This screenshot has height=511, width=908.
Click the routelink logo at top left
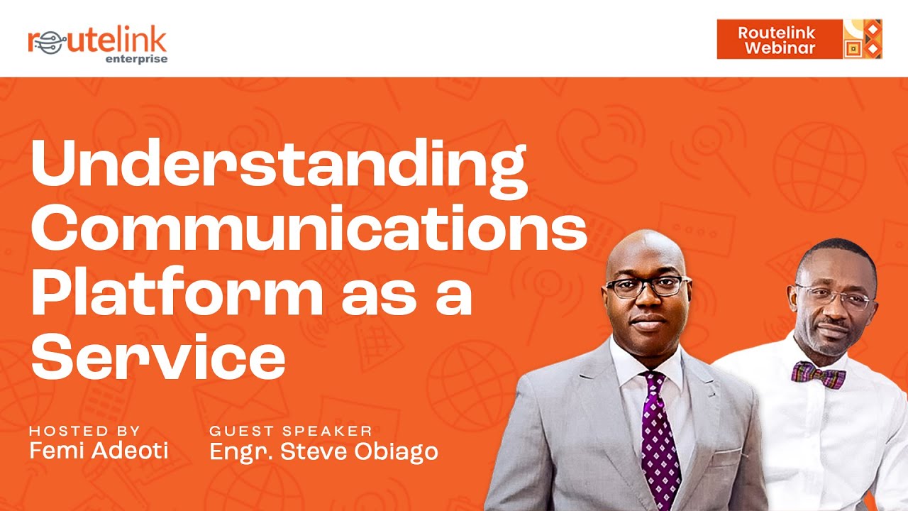click(97, 41)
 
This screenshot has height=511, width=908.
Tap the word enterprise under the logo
click(136, 59)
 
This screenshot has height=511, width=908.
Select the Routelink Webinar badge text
click(776, 40)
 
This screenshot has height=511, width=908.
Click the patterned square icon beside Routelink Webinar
click(862, 39)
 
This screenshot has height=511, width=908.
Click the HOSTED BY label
click(84, 431)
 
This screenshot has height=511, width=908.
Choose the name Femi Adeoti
click(99, 451)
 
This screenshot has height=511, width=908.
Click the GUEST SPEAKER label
click(291, 431)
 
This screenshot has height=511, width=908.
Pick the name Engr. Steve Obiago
click(323, 451)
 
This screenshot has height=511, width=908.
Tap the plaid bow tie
click(818, 374)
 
